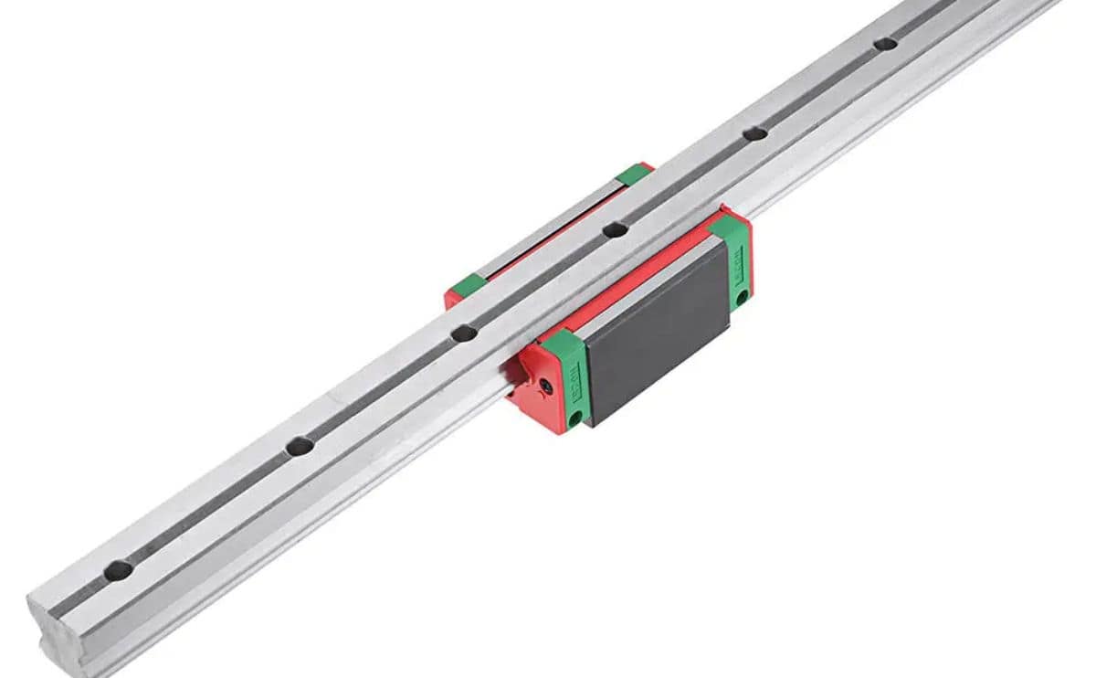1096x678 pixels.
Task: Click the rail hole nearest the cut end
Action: click(x=118, y=570)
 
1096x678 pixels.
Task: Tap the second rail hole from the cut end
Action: click(x=299, y=447)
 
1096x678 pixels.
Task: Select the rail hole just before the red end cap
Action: click(x=463, y=334)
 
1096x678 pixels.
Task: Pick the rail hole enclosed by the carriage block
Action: click(x=615, y=229)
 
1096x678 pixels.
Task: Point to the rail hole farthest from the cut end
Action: click(x=884, y=43)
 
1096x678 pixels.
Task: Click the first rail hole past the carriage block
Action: click(x=754, y=133)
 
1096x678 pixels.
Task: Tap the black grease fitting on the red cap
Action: click(x=545, y=387)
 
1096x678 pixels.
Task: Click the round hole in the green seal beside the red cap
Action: click(x=575, y=418)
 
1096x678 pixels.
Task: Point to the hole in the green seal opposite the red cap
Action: click(x=742, y=296)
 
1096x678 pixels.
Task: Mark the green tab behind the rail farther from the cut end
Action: click(x=632, y=174)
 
